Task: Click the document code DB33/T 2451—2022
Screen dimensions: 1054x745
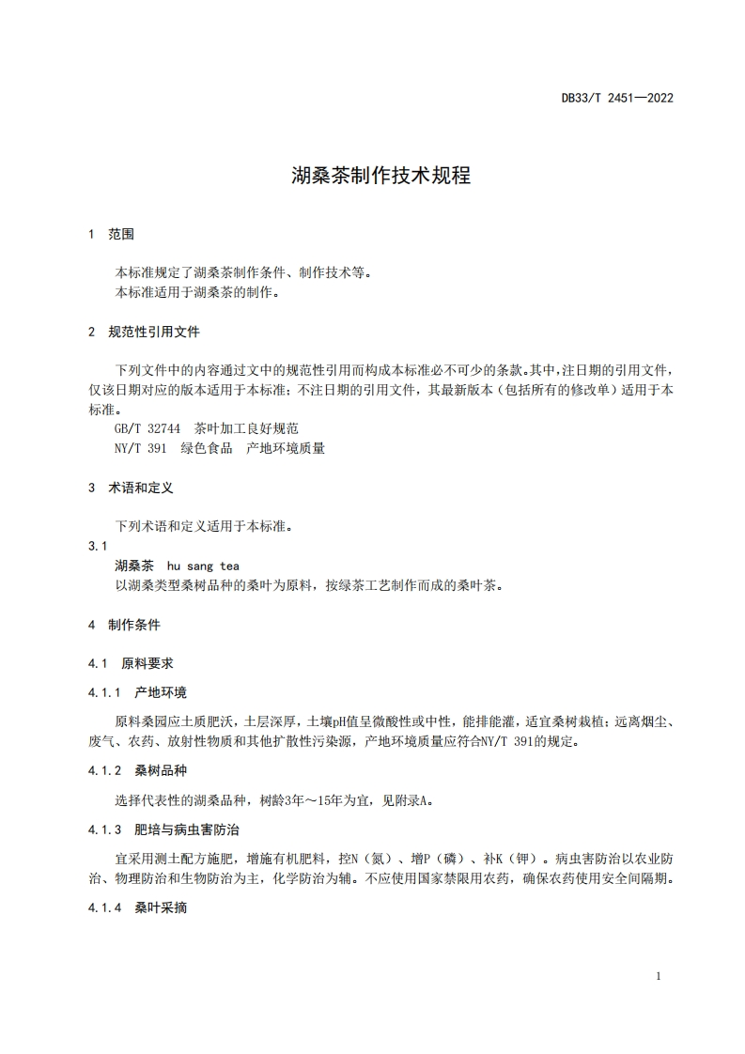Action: tap(617, 97)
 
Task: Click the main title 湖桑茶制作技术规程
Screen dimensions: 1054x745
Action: tap(380, 176)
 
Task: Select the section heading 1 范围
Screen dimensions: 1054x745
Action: tap(111, 234)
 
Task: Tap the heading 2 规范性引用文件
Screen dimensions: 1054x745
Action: tap(144, 332)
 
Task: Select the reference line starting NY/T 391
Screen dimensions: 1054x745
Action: tap(219, 448)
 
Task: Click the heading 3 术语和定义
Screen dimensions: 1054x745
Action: tap(131, 488)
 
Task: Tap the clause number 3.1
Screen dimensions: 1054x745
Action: tap(98, 546)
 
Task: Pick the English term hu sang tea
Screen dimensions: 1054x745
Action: tap(203, 566)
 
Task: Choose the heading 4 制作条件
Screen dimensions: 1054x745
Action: tap(124, 624)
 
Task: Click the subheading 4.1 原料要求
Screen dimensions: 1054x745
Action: tap(131, 663)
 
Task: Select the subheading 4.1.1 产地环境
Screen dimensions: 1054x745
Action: tap(137, 692)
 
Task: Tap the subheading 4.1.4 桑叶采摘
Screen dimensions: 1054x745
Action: tap(137, 907)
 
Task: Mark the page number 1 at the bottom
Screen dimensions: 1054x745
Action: tap(659, 976)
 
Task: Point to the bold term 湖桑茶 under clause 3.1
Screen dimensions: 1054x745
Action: tap(133, 566)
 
